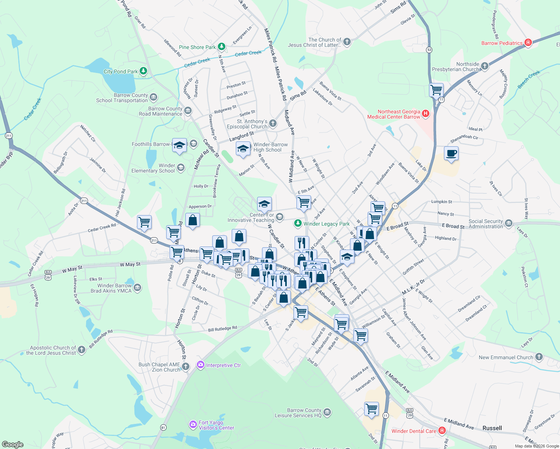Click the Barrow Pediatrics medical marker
tap(528, 43)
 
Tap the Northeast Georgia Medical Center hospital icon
tap(425, 114)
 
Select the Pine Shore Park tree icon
tap(222, 46)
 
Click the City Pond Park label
tap(121, 71)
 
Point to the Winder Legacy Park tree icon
tap(298, 223)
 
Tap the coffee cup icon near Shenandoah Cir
tap(451, 153)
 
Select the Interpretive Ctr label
tap(223, 365)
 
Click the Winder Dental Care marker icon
tap(442, 431)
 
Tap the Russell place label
tap(492, 428)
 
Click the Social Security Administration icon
tap(508, 223)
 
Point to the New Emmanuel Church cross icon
tap(539, 357)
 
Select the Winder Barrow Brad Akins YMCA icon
tap(137, 288)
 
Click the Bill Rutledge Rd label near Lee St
tap(222, 329)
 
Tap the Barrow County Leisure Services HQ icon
tap(327, 412)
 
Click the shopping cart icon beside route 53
tap(436, 90)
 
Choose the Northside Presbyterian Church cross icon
tap(485, 66)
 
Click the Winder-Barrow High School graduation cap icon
tap(243, 149)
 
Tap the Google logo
tap(13, 445)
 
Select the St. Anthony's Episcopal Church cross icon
tap(273, 123)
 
